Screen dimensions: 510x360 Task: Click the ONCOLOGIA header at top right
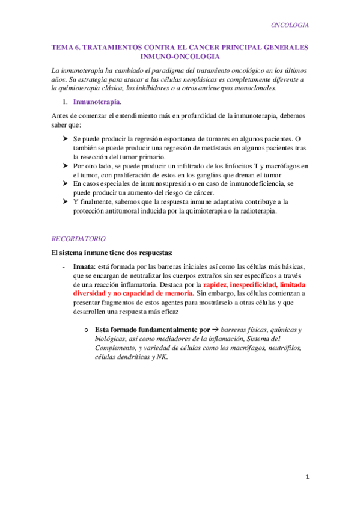(290, 25)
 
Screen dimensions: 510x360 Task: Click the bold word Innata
(82, 266)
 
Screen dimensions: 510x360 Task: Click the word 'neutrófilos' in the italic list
(279, 348)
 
